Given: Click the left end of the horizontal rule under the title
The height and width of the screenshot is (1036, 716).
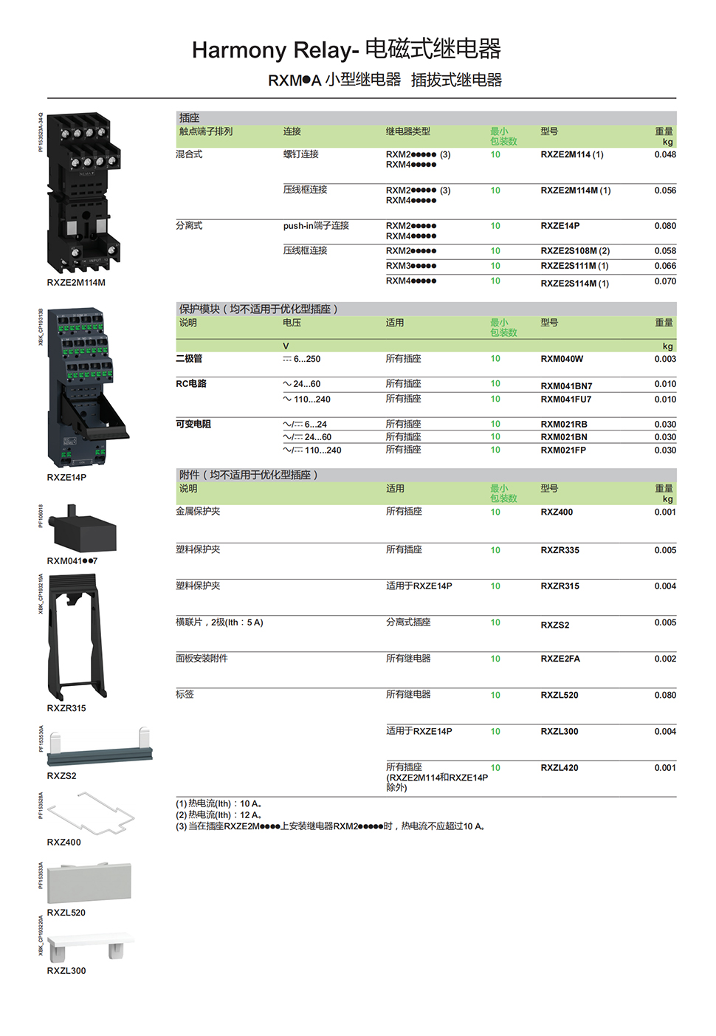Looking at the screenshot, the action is click(x=47, y=98).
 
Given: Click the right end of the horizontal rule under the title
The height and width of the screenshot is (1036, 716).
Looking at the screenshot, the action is click(x=677, y=98).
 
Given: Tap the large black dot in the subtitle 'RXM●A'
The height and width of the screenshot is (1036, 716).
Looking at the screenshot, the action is click(x=306, y=80).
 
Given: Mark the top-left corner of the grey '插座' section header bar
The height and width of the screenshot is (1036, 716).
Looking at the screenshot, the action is click(x=176, y=111).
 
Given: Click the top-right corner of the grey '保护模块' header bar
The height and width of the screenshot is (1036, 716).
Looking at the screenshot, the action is click(x=677, y=303).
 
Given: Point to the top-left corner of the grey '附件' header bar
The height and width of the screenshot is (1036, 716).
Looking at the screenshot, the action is click(x=176, y=468).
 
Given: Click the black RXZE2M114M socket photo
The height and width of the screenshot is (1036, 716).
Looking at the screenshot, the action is click(x=83, y=193).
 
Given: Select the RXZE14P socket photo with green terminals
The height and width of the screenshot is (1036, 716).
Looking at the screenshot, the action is click(x=89, y=388).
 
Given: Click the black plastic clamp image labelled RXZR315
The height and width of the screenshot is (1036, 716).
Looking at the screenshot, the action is click(x=78, y=637).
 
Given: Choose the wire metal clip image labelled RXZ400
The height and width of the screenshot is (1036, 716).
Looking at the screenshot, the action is click(x=91, y=814).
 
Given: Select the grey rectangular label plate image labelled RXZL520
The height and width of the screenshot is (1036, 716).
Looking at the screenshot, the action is click(x=89, y=882).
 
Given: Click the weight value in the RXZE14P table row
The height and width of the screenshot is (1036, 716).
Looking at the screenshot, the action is click(x=665, y=226).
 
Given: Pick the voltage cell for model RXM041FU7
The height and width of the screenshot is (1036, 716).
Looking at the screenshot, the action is click(x=307, y=399).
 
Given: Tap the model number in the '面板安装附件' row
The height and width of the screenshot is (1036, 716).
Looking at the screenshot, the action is click(x=560, y=659).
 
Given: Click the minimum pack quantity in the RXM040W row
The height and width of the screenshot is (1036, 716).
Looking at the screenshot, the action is click(x=495, y=358).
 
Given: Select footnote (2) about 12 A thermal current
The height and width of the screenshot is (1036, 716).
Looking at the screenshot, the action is click(x=219, y=815).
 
